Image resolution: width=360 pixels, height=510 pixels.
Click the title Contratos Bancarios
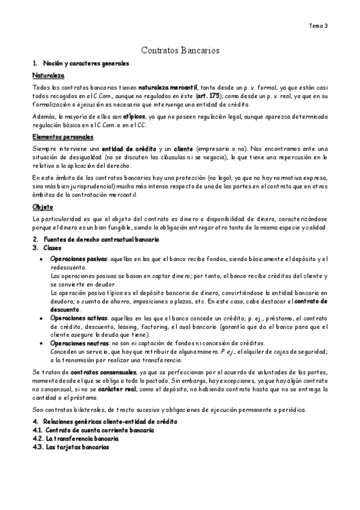click(x=180, y=52)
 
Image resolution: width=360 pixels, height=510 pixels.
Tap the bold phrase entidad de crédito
click(x=124, y=149)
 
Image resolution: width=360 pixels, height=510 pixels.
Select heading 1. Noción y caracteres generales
click(x=81, y=63)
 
